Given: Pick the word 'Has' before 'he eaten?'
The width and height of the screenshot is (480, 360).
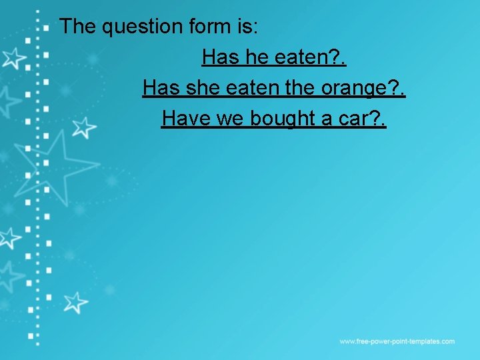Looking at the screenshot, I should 221,58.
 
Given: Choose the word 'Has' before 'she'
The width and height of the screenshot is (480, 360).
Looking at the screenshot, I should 161,88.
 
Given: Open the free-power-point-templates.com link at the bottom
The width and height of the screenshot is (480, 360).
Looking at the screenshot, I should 397,341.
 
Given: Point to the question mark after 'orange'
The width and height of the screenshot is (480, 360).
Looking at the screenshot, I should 392,88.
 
